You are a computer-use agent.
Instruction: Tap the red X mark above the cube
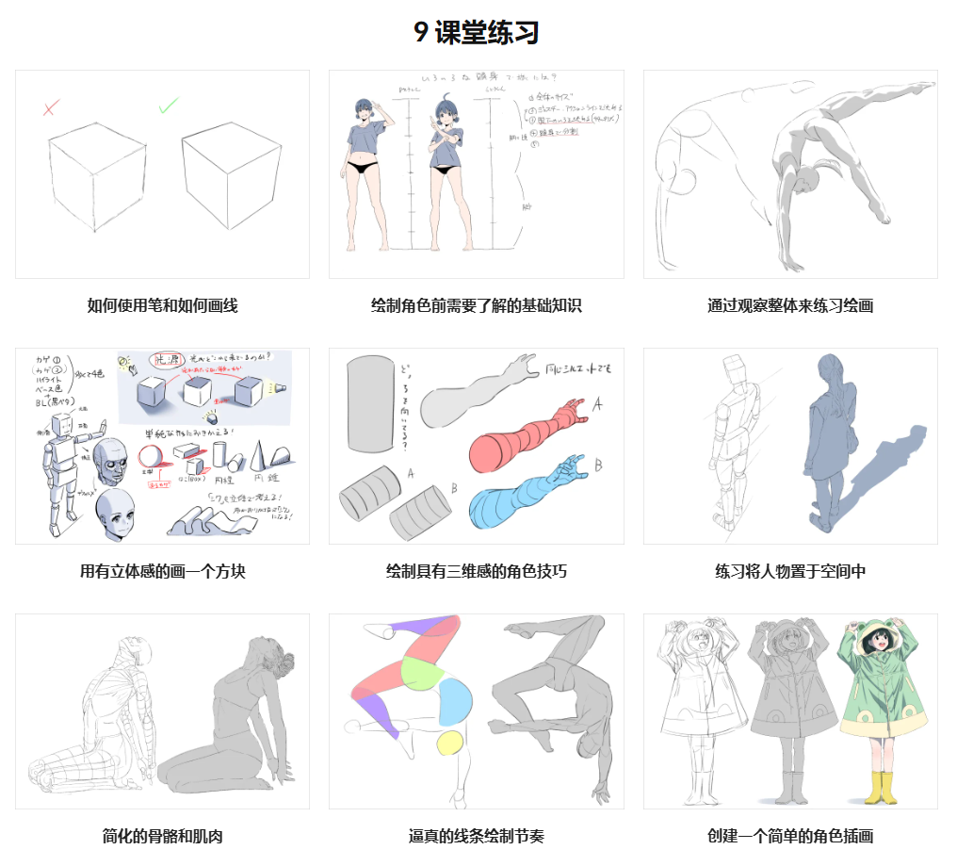53,107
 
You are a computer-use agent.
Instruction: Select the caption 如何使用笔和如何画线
162,305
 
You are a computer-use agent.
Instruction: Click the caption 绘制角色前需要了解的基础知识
477,305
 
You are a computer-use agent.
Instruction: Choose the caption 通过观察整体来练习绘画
790,305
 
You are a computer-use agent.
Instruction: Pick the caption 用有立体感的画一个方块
162,571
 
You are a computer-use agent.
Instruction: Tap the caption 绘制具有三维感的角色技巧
477,571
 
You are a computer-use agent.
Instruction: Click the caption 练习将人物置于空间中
790,571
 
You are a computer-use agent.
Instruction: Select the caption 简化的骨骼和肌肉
162,836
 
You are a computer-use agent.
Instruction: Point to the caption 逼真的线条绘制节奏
477,836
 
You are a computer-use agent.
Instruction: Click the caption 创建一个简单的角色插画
790,836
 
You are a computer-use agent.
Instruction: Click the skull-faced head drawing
112,461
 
